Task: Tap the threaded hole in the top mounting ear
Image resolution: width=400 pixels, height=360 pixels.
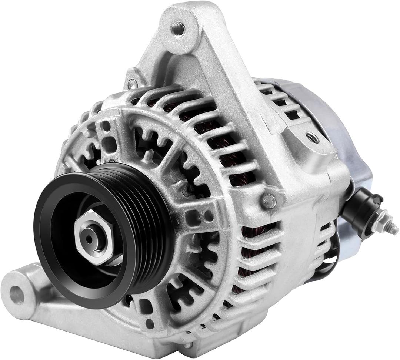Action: coord(178,29)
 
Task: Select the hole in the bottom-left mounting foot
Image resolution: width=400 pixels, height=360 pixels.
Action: coord(17,295)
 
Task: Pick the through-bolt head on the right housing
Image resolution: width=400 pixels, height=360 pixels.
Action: coord(269,201)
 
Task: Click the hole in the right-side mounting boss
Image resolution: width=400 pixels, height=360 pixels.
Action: coord(312,138)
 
